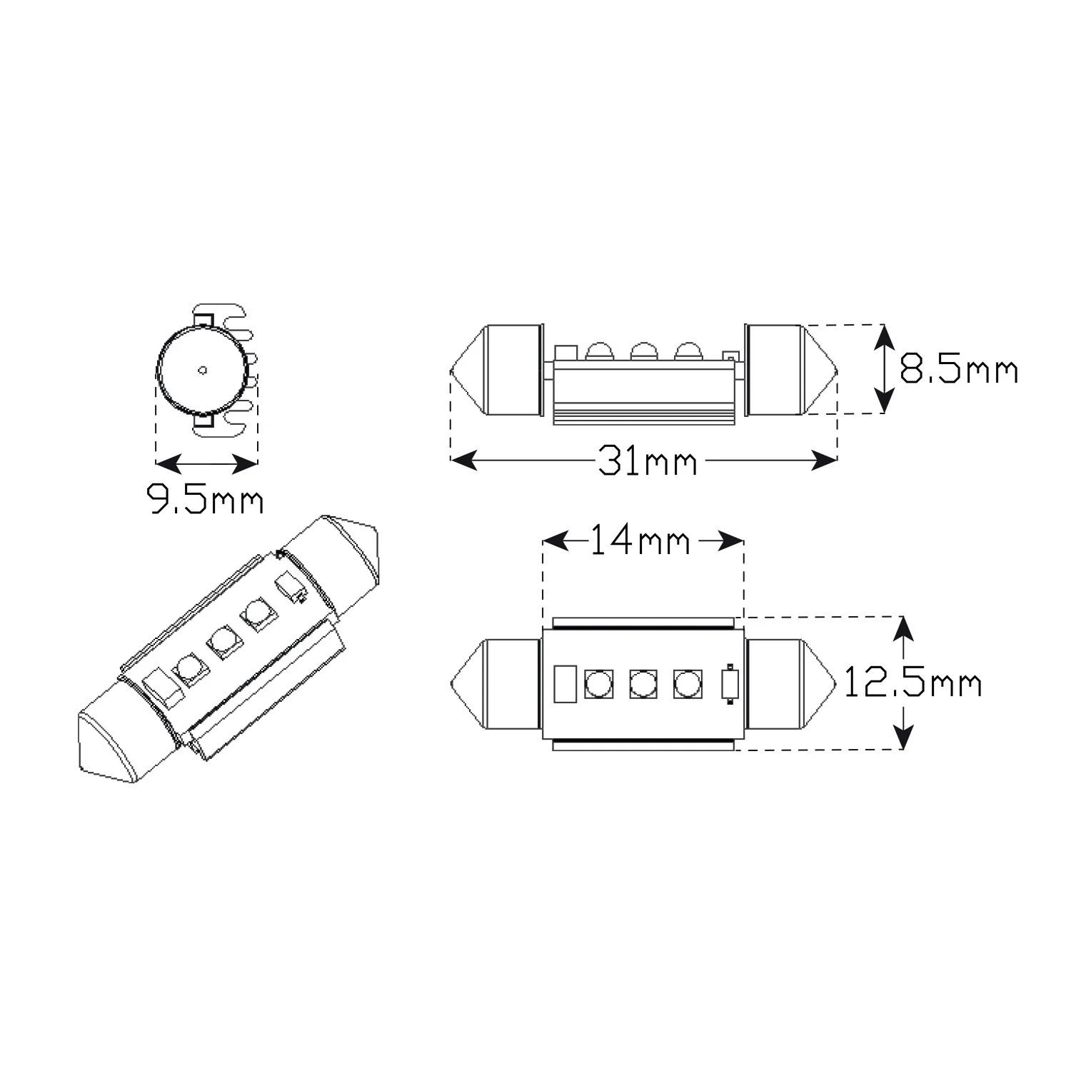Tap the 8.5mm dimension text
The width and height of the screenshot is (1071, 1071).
[x=958, y=371]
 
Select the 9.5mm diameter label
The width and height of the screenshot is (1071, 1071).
[x=205, y=499]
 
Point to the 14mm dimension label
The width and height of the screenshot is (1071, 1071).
[x=640, y=542]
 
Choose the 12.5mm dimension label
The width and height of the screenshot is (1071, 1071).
[x=913, y=683]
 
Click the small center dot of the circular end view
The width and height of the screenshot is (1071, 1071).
[x=203, y=370]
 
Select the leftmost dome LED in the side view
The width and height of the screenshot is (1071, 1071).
[x=599, y=351]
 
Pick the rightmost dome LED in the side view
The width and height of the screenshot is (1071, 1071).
[x=688, y=351]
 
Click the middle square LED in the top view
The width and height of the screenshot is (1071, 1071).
[x=643, y=684]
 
